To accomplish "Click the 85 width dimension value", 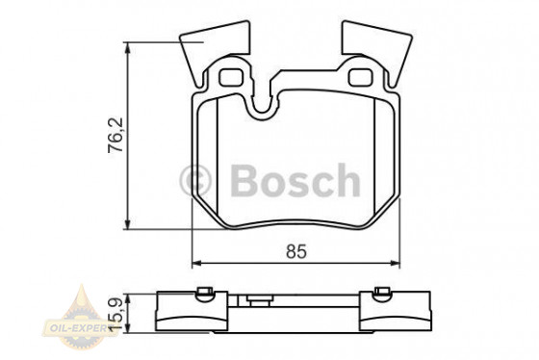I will [295, 252].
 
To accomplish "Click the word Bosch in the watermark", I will [294, 180].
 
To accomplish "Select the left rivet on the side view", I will [203, 294].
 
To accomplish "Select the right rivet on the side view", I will [379, 294].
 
